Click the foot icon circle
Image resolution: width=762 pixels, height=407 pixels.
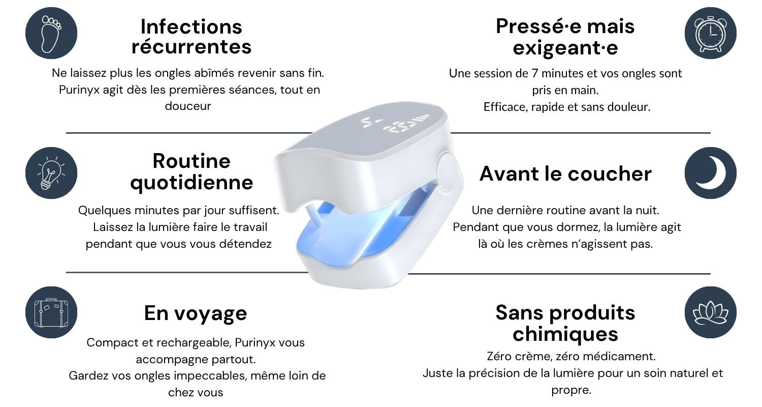click(x=51, y=33)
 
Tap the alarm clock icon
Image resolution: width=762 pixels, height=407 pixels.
click(x=711, y=33)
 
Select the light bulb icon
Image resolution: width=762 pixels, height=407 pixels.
click(x=51, y=173)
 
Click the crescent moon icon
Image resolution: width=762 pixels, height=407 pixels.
click(x=711, y=173)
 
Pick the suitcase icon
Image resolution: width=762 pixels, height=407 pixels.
click(x=51, y=312)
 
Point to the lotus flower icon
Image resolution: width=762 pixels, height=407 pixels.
click(x=711, y=312)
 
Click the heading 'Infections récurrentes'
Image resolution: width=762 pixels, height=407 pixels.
click(x=192, y=37)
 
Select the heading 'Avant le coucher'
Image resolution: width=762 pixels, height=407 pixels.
click(x=565, y=173)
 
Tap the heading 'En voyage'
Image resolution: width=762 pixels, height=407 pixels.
click(x=196, y=314)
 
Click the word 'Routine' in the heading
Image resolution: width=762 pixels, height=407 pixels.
click(x=192, y=161)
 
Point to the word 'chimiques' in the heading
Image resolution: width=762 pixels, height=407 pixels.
click(x=565, y=334)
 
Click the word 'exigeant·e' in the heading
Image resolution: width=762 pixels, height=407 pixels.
click(x=565, y=48)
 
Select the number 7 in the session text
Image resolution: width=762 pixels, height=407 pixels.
click(x=535, y=73)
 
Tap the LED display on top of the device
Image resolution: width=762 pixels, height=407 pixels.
click(x=395, y=124)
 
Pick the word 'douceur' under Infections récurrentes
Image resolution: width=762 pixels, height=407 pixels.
click(x=188, y=106)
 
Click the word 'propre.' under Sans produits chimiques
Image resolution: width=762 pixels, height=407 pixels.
click(x=571, y=390)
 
